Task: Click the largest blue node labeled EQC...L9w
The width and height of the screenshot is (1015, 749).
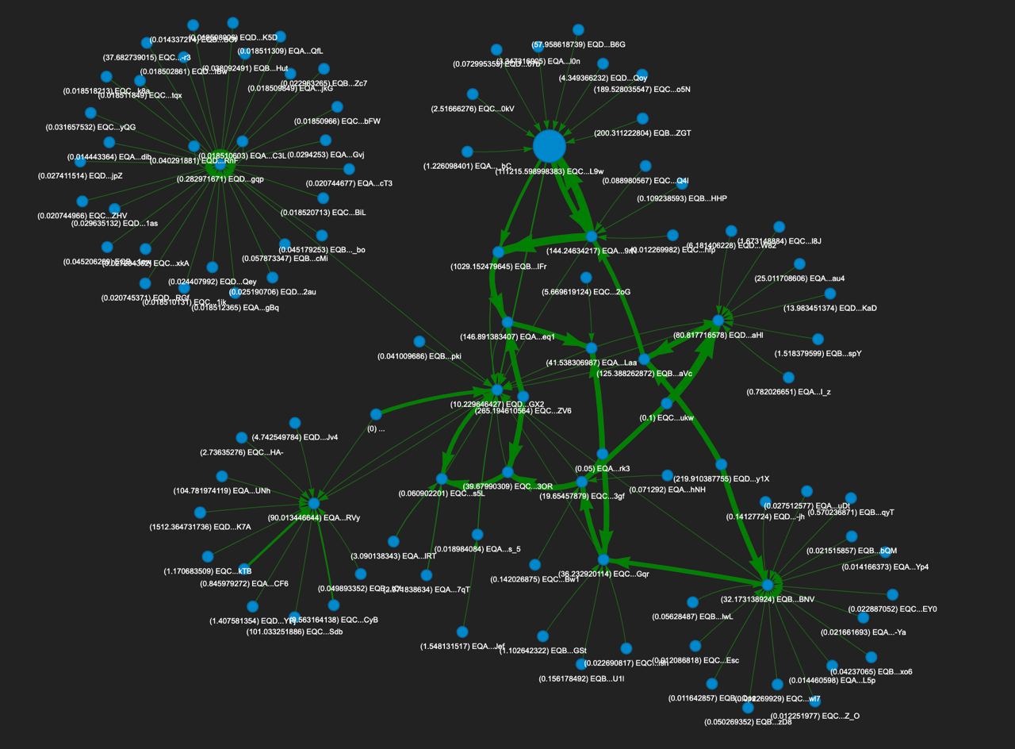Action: click(549, 147)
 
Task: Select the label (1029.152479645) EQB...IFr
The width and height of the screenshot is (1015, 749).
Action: click(498, 267)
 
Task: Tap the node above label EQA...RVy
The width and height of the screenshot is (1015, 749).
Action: click(314, 504)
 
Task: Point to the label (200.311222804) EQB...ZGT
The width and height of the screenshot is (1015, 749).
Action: click(642, 133)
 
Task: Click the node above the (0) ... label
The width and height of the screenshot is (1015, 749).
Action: click(376, 414)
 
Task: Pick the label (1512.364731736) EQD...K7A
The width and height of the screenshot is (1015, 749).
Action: click(200, 527)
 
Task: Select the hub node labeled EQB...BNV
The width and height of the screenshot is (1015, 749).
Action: click(767, 585)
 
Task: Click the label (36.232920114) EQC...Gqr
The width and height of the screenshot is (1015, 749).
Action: click(603, 574)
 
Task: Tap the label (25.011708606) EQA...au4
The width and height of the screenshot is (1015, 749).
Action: click(799, 278)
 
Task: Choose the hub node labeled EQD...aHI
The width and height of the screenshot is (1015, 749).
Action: click(718, 321)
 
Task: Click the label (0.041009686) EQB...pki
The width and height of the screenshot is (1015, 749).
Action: click(419, 356)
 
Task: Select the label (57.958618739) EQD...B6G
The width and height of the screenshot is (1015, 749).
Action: click(579, 44)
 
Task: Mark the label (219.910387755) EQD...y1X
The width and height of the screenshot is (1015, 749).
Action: click(721, 478)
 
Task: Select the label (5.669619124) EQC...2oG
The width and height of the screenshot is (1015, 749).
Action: click(586, 292)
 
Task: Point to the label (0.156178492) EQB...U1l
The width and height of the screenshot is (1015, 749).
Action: click(581, 678)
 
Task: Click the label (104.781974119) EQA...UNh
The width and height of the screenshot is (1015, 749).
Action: click(221, 490)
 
